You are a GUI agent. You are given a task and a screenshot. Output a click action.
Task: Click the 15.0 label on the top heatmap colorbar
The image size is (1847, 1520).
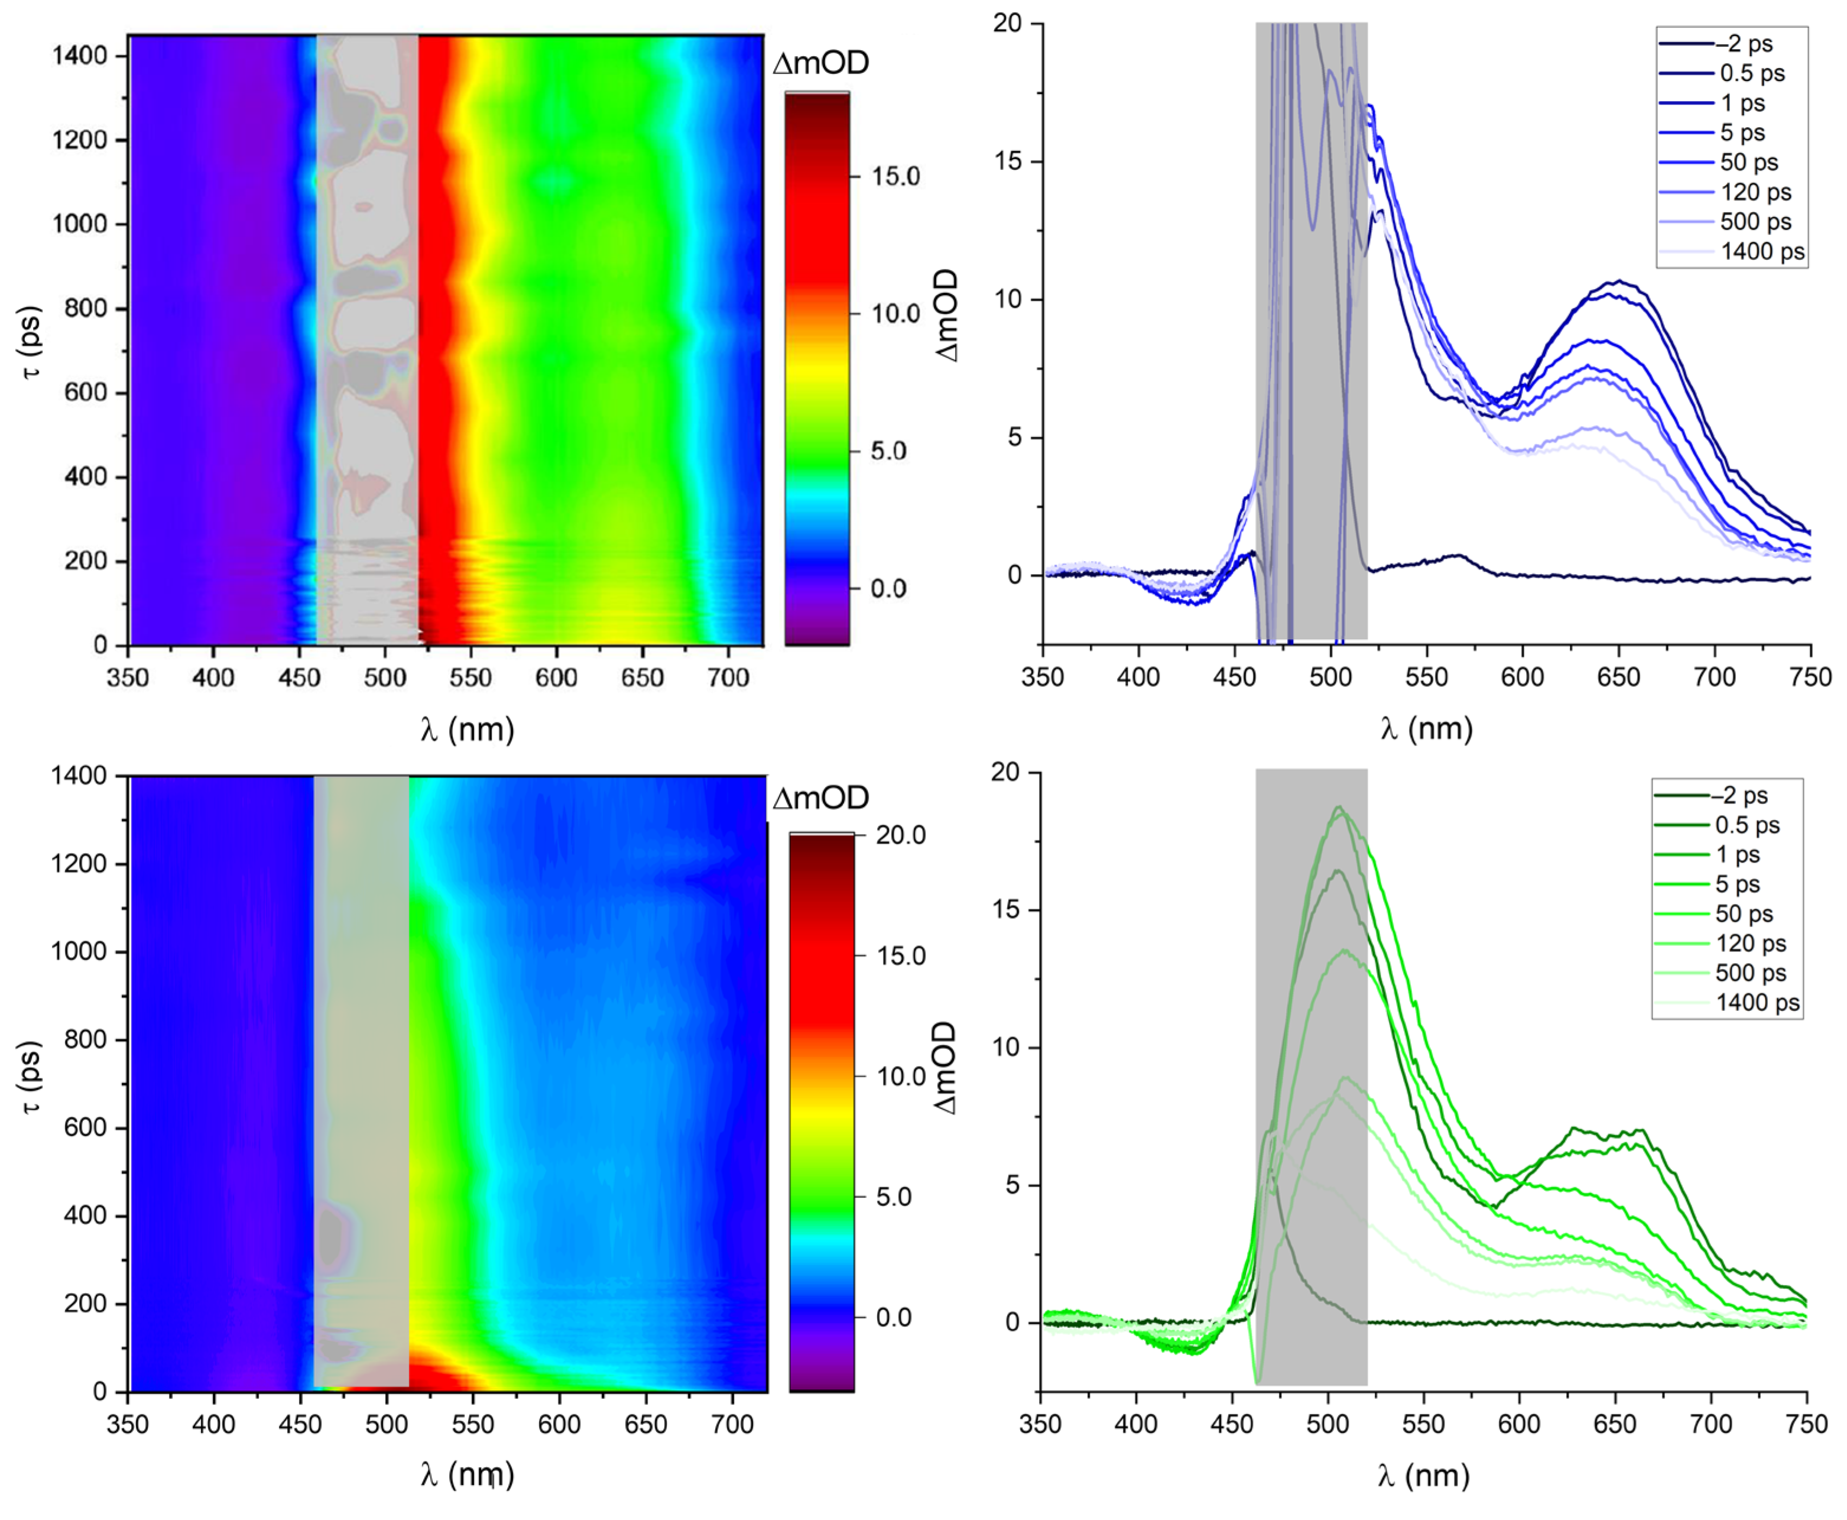[895, 176]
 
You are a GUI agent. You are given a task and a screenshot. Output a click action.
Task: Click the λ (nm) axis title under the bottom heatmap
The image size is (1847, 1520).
[466, 1474]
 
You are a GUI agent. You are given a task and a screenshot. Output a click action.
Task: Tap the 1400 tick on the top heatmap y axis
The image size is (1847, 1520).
[79, 55]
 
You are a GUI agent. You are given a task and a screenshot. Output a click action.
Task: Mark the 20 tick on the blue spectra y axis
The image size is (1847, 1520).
[1008, 23]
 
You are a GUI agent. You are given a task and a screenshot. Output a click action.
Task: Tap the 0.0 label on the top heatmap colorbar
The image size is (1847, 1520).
[895, 588]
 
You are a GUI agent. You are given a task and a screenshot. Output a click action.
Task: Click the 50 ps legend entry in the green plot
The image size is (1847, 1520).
[1744, 913]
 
